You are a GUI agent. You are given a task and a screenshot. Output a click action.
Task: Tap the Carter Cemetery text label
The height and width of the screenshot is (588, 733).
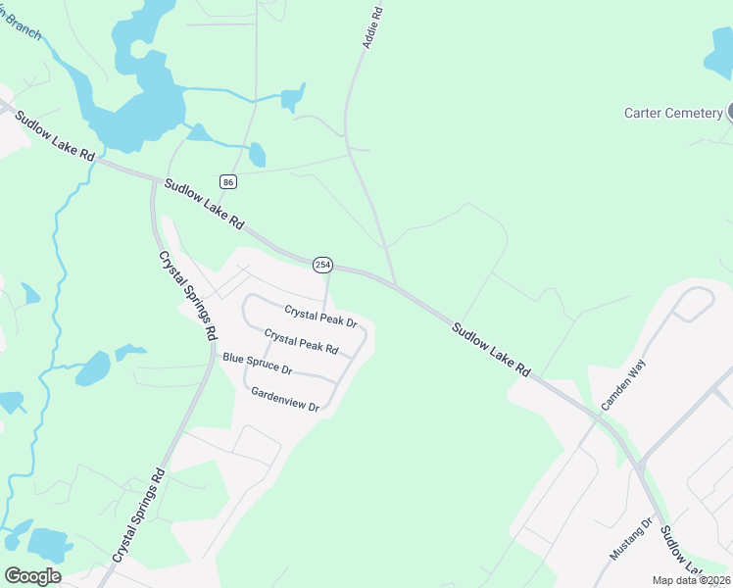point(673,113)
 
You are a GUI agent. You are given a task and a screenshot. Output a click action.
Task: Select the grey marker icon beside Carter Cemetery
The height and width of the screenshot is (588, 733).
point(730,112)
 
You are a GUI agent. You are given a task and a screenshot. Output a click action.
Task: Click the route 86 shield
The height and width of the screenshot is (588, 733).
point(228,182)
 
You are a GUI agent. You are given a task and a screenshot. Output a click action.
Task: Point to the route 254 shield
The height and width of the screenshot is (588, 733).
point(322,265)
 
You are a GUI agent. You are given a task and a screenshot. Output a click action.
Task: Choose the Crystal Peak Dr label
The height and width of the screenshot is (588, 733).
point(320,316)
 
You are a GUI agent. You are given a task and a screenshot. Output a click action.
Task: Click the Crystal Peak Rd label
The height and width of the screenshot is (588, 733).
point(301,342)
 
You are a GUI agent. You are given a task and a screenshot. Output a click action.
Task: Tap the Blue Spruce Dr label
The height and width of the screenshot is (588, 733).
point(258,364)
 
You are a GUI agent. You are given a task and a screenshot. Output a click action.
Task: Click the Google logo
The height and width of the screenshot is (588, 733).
point(32,576)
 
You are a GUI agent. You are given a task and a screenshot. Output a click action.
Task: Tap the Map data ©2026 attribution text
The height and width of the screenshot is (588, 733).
point(691,580)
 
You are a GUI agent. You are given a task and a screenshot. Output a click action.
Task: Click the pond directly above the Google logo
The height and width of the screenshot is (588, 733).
point(47,544)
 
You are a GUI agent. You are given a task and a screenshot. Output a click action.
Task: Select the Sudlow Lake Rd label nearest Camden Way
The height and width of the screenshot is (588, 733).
point(491,348)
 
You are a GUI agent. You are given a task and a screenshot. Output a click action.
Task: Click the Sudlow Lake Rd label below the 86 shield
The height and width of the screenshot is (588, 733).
point(204,204)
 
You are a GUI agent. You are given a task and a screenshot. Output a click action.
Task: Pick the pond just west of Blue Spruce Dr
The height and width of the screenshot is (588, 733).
point(94,368)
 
